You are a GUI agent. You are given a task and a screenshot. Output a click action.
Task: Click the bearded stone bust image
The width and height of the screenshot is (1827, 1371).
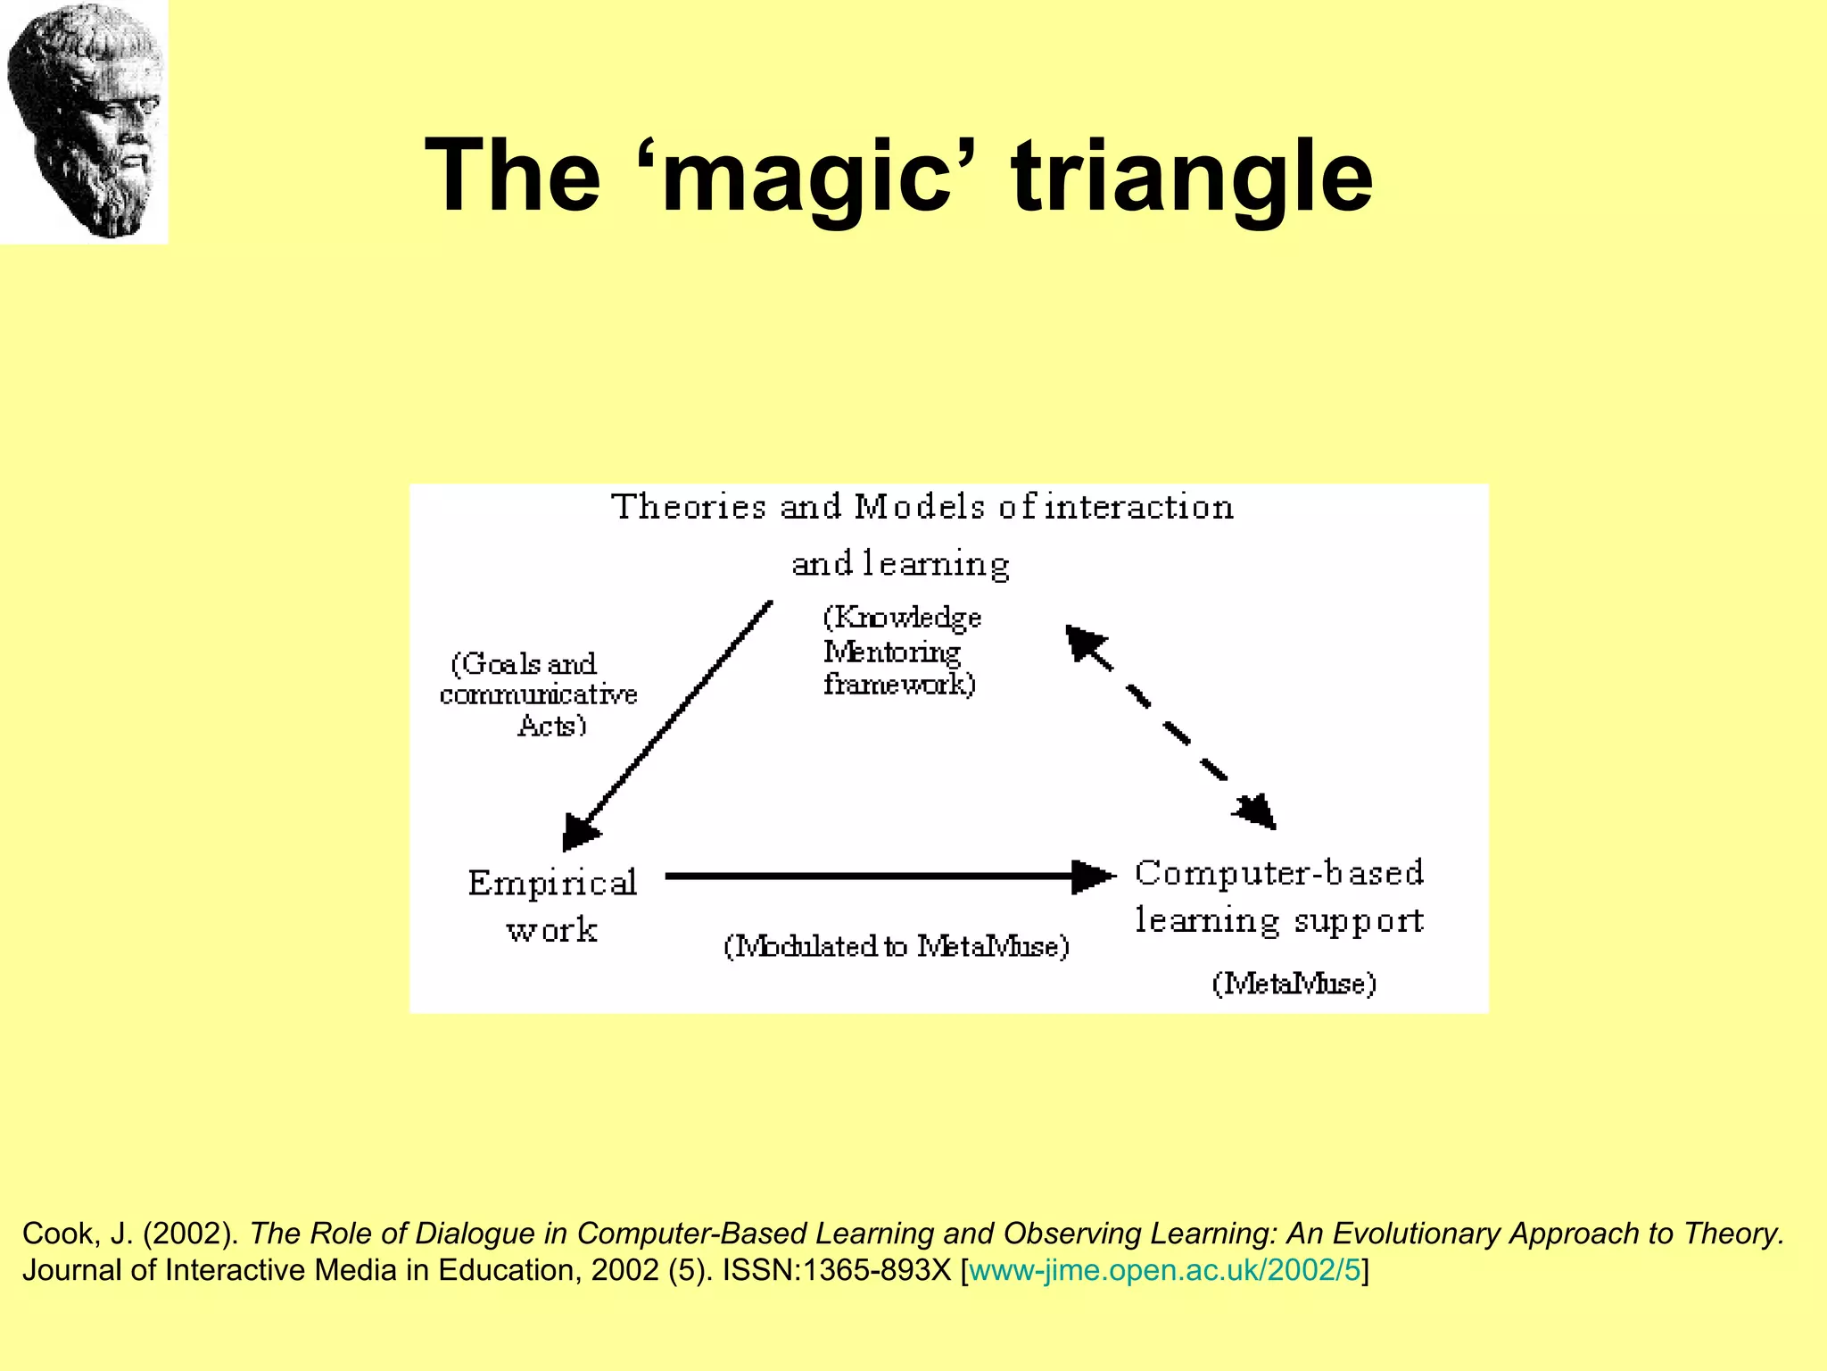point(84,121)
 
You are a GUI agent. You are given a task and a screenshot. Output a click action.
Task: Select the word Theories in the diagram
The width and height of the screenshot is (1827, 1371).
point(688,507)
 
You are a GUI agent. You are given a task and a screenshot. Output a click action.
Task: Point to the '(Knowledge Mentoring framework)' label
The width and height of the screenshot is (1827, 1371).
point(901,651)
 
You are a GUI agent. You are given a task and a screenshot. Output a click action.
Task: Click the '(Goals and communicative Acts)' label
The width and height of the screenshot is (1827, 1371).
point(538,694)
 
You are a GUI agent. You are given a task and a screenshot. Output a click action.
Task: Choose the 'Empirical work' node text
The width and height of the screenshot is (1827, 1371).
point(552,906)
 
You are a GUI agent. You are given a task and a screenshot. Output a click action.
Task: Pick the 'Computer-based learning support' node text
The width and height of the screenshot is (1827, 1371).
point(1278,896)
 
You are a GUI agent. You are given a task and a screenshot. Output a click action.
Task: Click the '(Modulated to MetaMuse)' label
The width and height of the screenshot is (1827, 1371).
point(896,946)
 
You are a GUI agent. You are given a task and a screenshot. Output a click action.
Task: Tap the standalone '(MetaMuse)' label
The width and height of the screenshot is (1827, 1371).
point(1294,984)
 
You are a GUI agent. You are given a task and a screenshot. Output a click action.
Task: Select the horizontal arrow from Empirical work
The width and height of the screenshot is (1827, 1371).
point(874,877)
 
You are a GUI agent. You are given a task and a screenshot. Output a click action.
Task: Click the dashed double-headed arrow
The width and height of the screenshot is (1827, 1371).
point(1170,727)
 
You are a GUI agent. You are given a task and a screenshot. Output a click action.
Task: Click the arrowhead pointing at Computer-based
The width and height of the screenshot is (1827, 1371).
point(1094,877)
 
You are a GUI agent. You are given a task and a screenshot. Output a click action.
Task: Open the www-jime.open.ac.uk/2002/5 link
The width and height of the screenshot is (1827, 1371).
point(1164,1270)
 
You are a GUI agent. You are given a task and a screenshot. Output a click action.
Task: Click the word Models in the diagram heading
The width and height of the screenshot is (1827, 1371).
point(919,507)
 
